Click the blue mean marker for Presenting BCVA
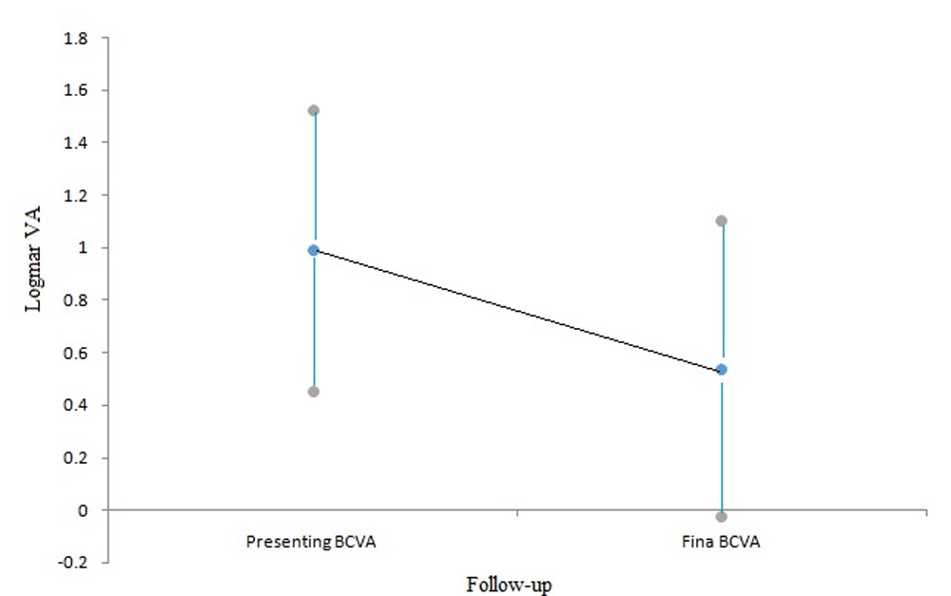pyautogui.click(x=313, y=250)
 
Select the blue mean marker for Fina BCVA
pyautogui.click(x=722, y=369)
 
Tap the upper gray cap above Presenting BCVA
pyautogui.click(x=313, y=110)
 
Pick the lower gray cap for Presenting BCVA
pyautogui.click(x=313, y=392)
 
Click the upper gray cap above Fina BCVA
pyautogui.click(x=722, y=221)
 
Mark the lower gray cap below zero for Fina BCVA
pyautogui.click(x=722, y=517)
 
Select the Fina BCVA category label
pyautogui.click(x=722, y=543)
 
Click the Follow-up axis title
pyautogui.click(x=509, y=584)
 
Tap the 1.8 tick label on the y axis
pyautogui.click(x=75, y=39)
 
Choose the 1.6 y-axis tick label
pyautogui.click(x=75, y=91)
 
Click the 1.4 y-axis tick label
pyautogui.click(x=75, y=144)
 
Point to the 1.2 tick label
pyautogui.click(x=75, y=196)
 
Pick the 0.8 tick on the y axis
pyautogui.click(x=75, y=300)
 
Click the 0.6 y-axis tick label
pyautogui.click(x=75, y=354)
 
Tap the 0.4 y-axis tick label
pyautogui.click(x=75, y=406)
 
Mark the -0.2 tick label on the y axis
pyautogui.click(x=73, y=563)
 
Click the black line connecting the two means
pyautogui.click(x=517, y=310)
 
